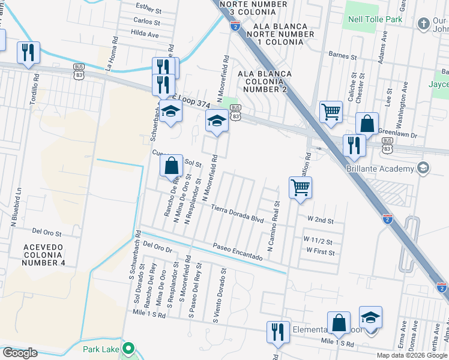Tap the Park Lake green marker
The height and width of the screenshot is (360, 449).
click(127, 348)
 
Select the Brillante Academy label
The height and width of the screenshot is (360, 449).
click(381, 169)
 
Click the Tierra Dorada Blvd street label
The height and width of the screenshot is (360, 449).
click(238, 213)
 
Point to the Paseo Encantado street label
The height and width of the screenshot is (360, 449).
click(238, 252)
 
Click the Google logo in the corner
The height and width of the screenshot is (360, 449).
click(19, 353)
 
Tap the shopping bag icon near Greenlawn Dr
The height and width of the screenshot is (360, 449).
click(367, 124)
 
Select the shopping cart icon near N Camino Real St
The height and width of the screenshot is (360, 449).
click(300, 187)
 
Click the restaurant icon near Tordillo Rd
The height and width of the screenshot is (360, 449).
click(28, 53)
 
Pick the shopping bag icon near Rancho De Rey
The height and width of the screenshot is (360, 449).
click(171, 166)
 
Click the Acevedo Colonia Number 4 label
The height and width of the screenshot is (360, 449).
click(43, 255)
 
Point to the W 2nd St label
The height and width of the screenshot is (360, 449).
click(320, 220)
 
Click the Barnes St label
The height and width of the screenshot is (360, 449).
click(343, 55)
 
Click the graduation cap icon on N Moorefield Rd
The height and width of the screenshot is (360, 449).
click(216, 121)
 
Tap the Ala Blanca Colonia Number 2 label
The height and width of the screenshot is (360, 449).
click(265, 82)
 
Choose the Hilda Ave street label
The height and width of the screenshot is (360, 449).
click(145, 35)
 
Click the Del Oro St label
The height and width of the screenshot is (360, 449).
click(47, 230)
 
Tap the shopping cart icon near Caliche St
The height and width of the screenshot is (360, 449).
click(331, 112)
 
